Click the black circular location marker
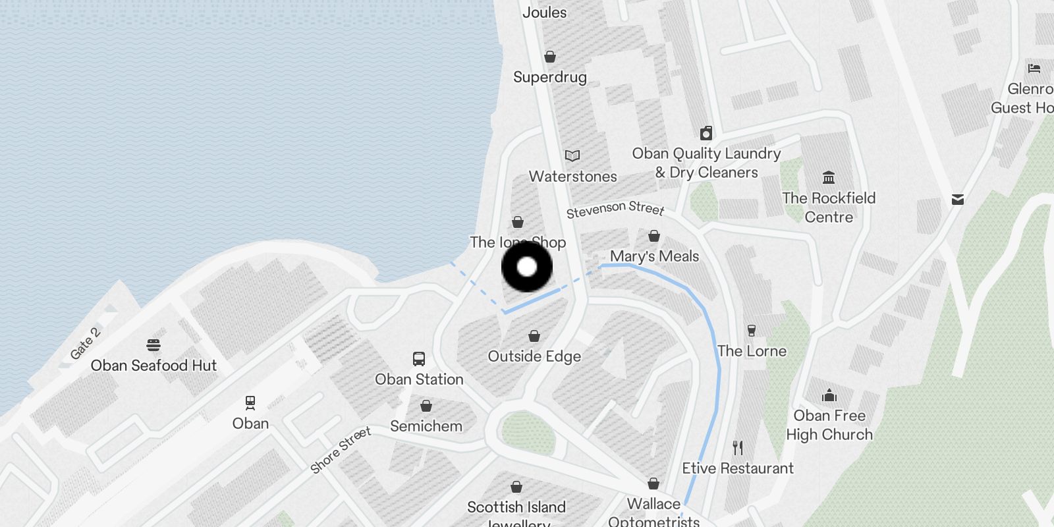[527, 267]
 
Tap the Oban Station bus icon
[419, 359]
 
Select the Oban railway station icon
[250, 402]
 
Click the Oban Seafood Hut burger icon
[153, 345]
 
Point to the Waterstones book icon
[572, 155]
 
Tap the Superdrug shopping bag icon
[550, 57]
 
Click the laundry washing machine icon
[706, 133]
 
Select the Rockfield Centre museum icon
[829, 177]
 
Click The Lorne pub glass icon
[752, 330]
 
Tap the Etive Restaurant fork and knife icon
[738, 448]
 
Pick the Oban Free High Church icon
[829, 395]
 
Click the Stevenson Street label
[615, 209]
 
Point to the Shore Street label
[341, 450]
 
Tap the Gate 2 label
[85, 343]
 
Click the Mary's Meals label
[654, 256]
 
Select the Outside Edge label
[534, 356]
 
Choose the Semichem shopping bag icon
[426, 406]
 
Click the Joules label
[544, 12]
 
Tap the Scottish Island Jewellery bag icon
[516, 487]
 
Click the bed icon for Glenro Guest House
[1034, 68]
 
